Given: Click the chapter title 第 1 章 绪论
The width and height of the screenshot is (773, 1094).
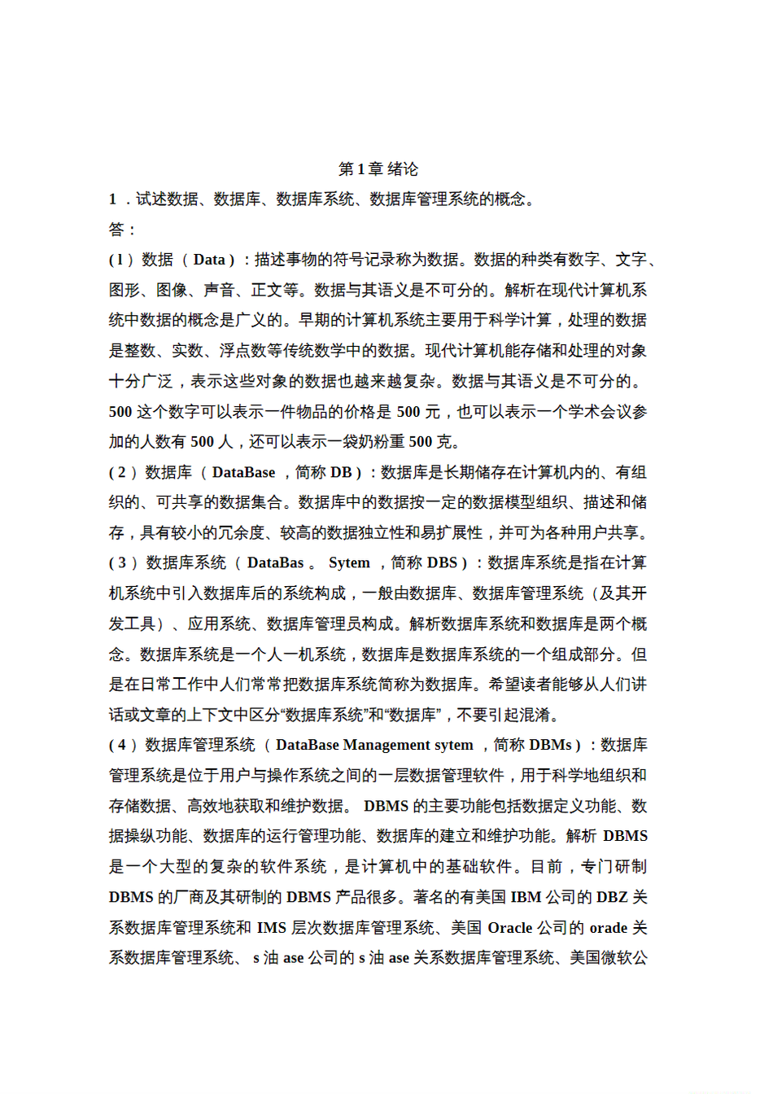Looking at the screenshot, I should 378,169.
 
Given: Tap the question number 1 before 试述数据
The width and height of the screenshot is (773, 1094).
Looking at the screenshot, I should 113,199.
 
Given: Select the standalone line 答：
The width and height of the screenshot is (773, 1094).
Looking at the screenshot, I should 123,230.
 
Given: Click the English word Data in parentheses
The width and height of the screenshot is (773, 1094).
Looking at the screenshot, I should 209,260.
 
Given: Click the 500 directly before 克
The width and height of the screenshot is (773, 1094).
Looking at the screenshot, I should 421,442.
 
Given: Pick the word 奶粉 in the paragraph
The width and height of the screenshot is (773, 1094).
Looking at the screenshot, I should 373,442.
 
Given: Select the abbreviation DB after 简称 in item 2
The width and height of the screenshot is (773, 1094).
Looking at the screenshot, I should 341,473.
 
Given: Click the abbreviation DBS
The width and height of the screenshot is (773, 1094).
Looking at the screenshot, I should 442,563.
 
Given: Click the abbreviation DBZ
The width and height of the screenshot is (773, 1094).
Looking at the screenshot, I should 612,898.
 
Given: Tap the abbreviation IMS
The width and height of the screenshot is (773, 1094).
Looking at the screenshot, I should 271,928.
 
